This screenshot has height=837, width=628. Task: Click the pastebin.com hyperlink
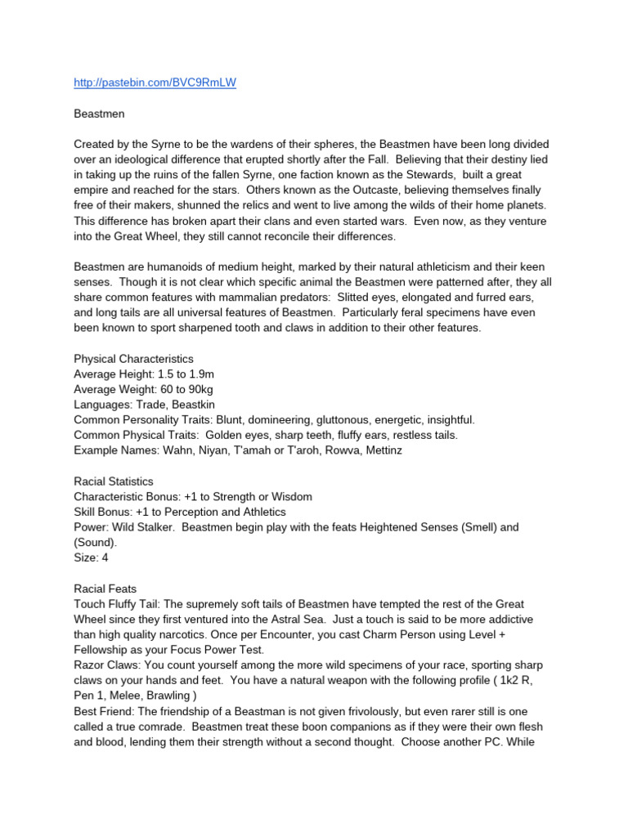(155, 83)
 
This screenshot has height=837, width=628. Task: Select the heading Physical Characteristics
(133, 358)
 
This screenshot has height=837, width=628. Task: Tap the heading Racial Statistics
(114, 481)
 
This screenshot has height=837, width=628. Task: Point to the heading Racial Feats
(105, 589)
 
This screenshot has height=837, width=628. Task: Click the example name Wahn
(184, 450)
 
